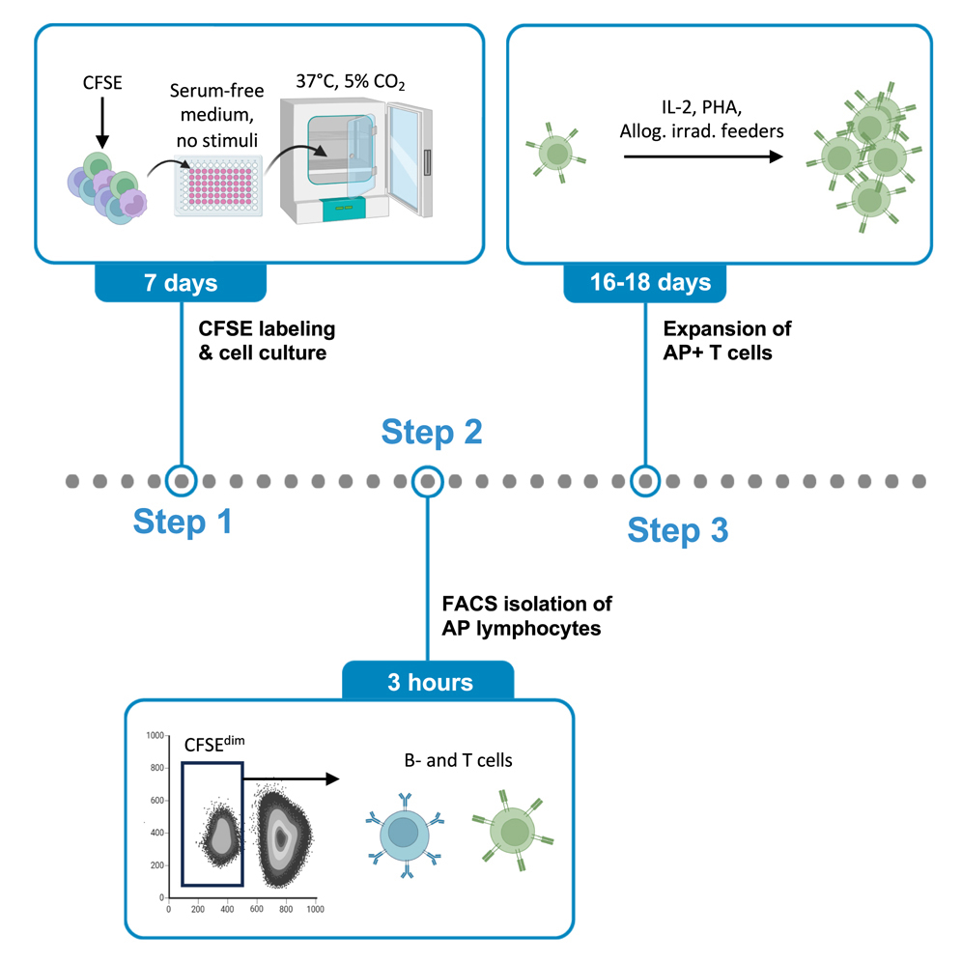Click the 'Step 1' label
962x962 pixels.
pyautogui.click(x=183, y=523)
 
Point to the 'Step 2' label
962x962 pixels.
pyautogui.click(x=432, y=433)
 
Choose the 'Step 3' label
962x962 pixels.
pyautogui.click(x=677, y=530)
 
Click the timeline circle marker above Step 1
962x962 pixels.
pyautogui.click(x=181, y=479)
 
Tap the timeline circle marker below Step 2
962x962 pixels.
pyautogui.click(x=428, y=479)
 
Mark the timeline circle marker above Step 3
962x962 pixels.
pyautogui.click(x=645, y=479)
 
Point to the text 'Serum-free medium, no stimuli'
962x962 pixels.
pyautogui.click(x=213, y=116)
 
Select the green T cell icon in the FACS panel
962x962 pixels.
pyautogui.click(x=513, y=829)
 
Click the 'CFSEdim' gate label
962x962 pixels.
pyautogui.click(x=214, y=748)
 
